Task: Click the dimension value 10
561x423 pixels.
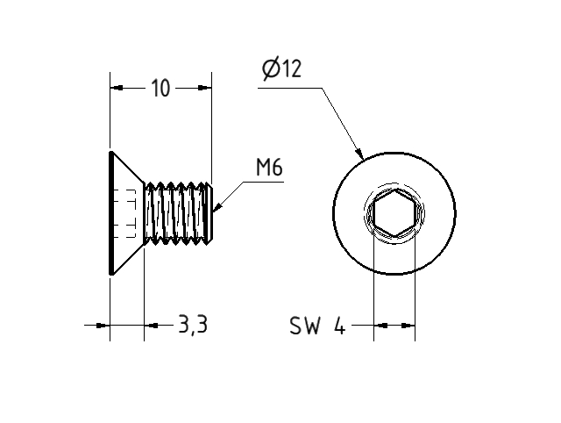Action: point(160,88)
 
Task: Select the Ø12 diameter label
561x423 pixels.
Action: point(280,69)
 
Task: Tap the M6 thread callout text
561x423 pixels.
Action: point(269,168)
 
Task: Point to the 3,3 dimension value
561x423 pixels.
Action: point(192,325)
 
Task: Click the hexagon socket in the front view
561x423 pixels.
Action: point(394,215)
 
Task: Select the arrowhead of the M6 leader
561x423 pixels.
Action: point(217,209)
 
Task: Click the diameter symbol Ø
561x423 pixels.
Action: point(270,69)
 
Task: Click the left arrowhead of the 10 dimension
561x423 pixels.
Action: point(115,87)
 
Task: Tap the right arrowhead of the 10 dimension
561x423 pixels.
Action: point(206,87)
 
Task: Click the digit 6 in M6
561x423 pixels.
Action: point(276,168)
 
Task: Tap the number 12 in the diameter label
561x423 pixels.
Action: point(290,69)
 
